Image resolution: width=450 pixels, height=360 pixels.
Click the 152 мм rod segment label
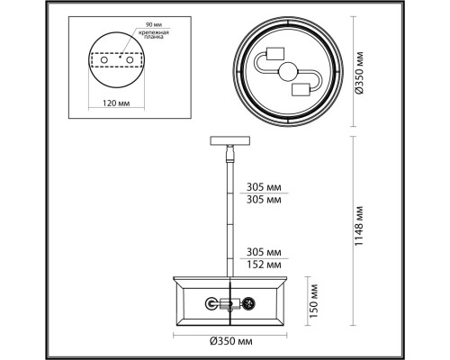click(x=258, y=265)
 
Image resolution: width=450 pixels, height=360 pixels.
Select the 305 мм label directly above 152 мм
click(x=258, y=252)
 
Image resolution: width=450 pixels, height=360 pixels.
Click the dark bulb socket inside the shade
click(x=251, y=303)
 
